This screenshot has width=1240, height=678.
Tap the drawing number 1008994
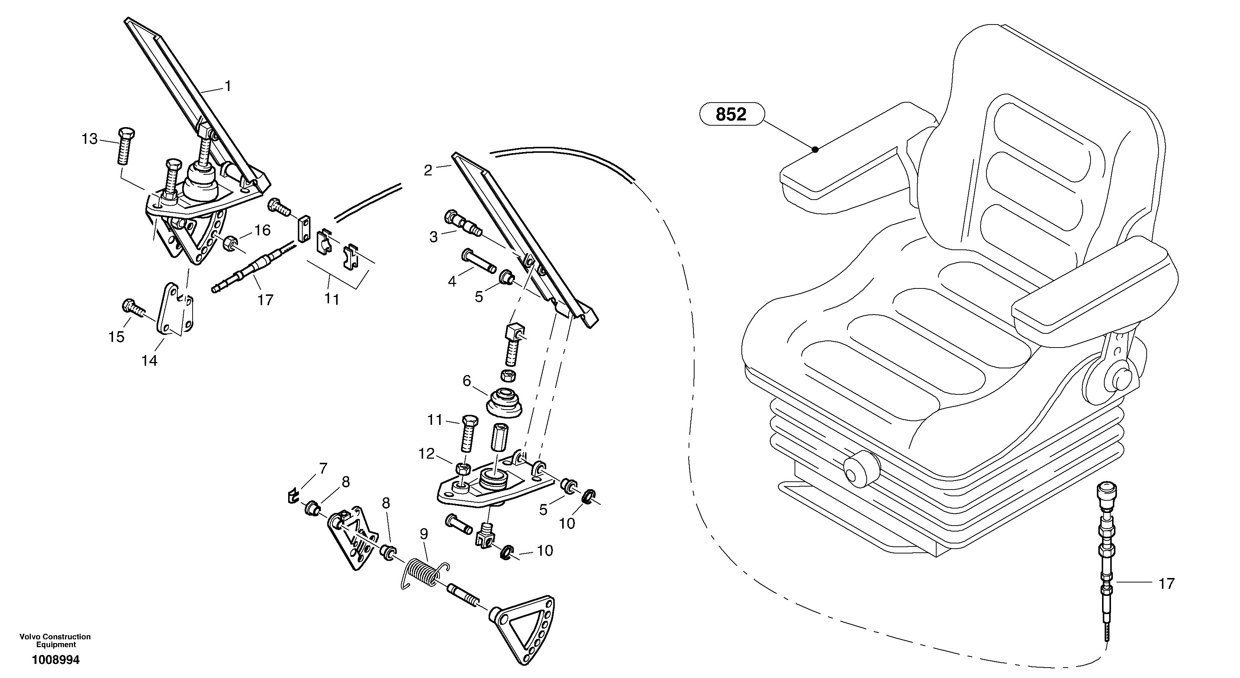click(55, 660)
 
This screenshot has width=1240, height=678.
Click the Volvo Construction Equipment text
click(55, 640)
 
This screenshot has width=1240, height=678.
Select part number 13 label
click(90, 139)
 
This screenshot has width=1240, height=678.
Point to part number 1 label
click(228, 86)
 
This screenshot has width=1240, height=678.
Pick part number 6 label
click(467, 381)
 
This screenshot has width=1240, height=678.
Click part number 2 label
click(428, 170)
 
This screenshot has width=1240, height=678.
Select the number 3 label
click(434, 237)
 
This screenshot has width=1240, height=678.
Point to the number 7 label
click(323, 468)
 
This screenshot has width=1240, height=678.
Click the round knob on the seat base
click(861, 469)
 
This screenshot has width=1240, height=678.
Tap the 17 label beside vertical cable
click(1166, 584)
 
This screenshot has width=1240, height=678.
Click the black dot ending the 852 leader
click(815, 149)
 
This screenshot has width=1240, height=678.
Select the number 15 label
click(116, 337)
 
